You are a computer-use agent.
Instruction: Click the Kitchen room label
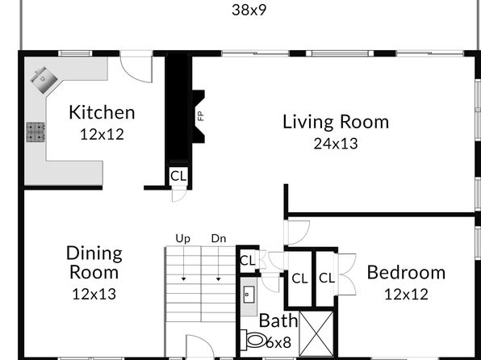(102, 112)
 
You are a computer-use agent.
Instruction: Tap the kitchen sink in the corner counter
(44, 80)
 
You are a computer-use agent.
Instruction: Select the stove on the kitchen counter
(36, 132)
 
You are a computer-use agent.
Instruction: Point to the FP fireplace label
(201, 116)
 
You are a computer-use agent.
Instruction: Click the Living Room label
(336, 122)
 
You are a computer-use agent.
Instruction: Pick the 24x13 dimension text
(336, 144)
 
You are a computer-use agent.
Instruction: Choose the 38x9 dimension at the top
(249, 10)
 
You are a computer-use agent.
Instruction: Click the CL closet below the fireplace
(178, 176)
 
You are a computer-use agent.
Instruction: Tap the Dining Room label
(94, 262)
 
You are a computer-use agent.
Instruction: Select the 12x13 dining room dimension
(94, 294)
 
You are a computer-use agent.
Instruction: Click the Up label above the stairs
(183, 238)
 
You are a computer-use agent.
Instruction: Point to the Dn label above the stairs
(219, 238)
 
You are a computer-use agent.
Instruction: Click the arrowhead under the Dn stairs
(219, 279)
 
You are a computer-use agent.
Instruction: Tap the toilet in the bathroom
(253, 340)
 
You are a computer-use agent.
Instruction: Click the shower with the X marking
(316, 334)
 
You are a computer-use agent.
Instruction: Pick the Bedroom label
(406, 273)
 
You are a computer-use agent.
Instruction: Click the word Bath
(278, 320)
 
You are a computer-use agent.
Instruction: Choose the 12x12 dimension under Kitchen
(102, 135)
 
